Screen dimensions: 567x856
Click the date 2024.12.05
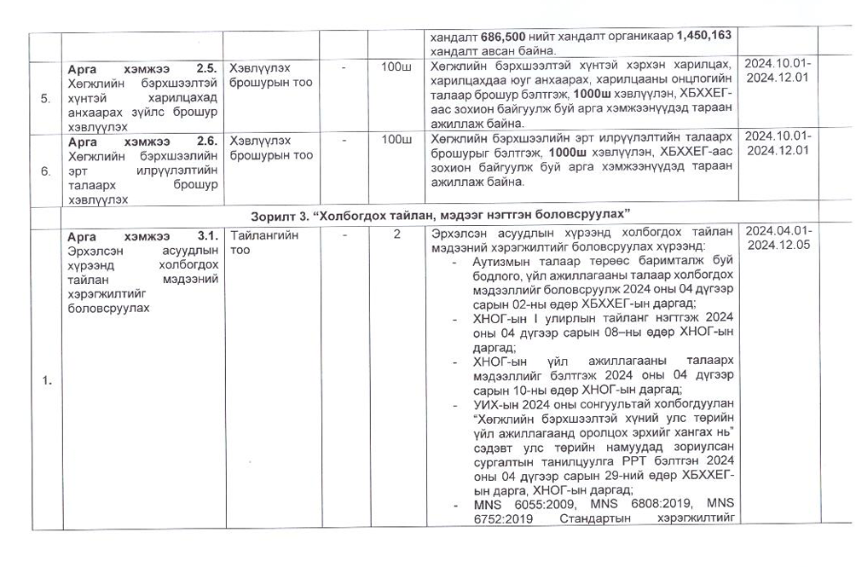(x=778, y=246)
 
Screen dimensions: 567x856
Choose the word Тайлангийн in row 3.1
(x=264, y=234)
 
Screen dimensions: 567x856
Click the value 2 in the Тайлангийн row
(x=396, y=234)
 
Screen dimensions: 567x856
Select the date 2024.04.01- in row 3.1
(x=778, y=233)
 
